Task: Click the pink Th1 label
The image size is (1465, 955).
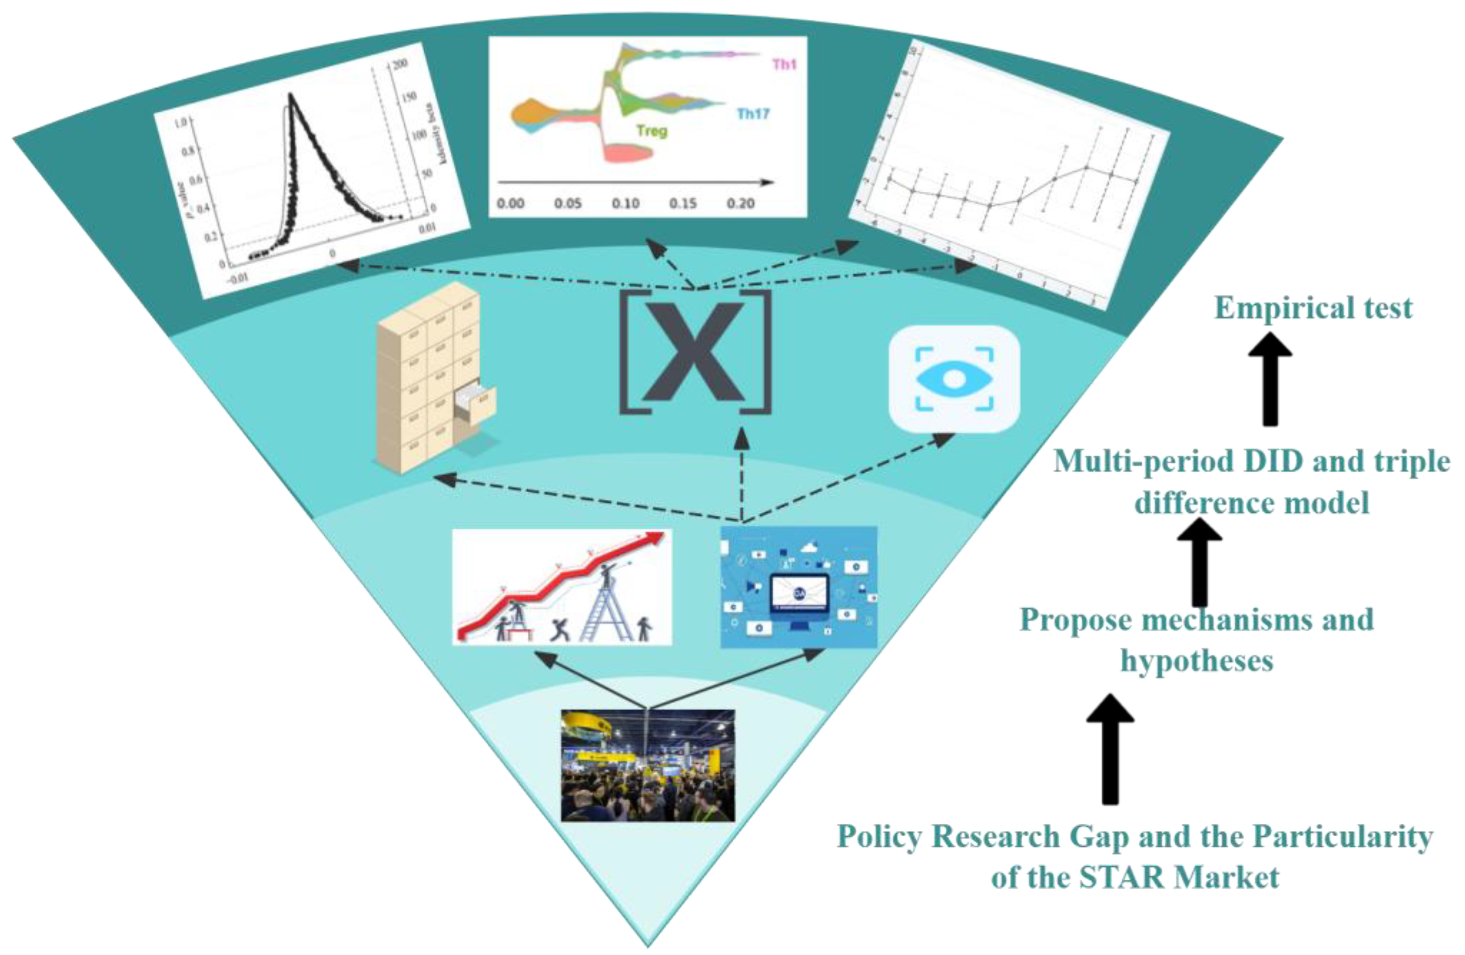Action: click(x=784, y=64)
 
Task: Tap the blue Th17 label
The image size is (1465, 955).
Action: click(x=753, y=114)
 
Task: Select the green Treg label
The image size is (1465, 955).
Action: click(x=651, y=131)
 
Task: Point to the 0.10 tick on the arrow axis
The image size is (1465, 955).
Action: click(x=625, y=203)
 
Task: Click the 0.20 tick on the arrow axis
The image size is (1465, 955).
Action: click(x=740, y=203)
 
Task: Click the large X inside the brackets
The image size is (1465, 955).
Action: click(x=694, y=352)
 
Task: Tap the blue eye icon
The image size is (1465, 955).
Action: click(x=953, y=379)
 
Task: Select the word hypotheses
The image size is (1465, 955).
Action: click(x=1196, y=661)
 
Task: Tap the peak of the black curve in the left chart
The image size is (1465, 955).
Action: click(x=290, y=95)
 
